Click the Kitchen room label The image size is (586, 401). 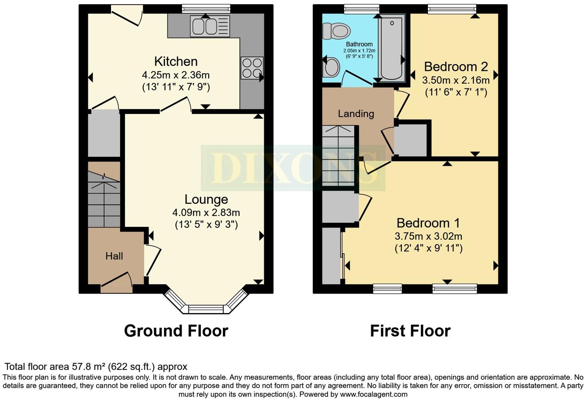point(176,62)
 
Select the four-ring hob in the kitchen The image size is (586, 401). point(252,68)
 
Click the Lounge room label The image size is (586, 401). point(206,199)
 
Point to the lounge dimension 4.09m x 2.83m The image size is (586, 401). point(206,212)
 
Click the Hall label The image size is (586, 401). point(114,256)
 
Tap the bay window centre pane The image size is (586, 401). point(205,309)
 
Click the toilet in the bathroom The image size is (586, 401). point(335,31)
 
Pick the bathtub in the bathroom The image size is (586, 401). point(392,47)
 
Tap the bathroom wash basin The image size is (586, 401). point(331,67)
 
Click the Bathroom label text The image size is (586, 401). point(359,44)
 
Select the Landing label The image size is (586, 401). point(356,114)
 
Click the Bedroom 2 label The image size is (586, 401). point(456,67)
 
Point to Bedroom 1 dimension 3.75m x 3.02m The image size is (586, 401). point(428,236)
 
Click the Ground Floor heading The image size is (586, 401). point(176,331)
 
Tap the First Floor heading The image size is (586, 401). point(410,331)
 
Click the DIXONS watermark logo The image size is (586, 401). point(293,168)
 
